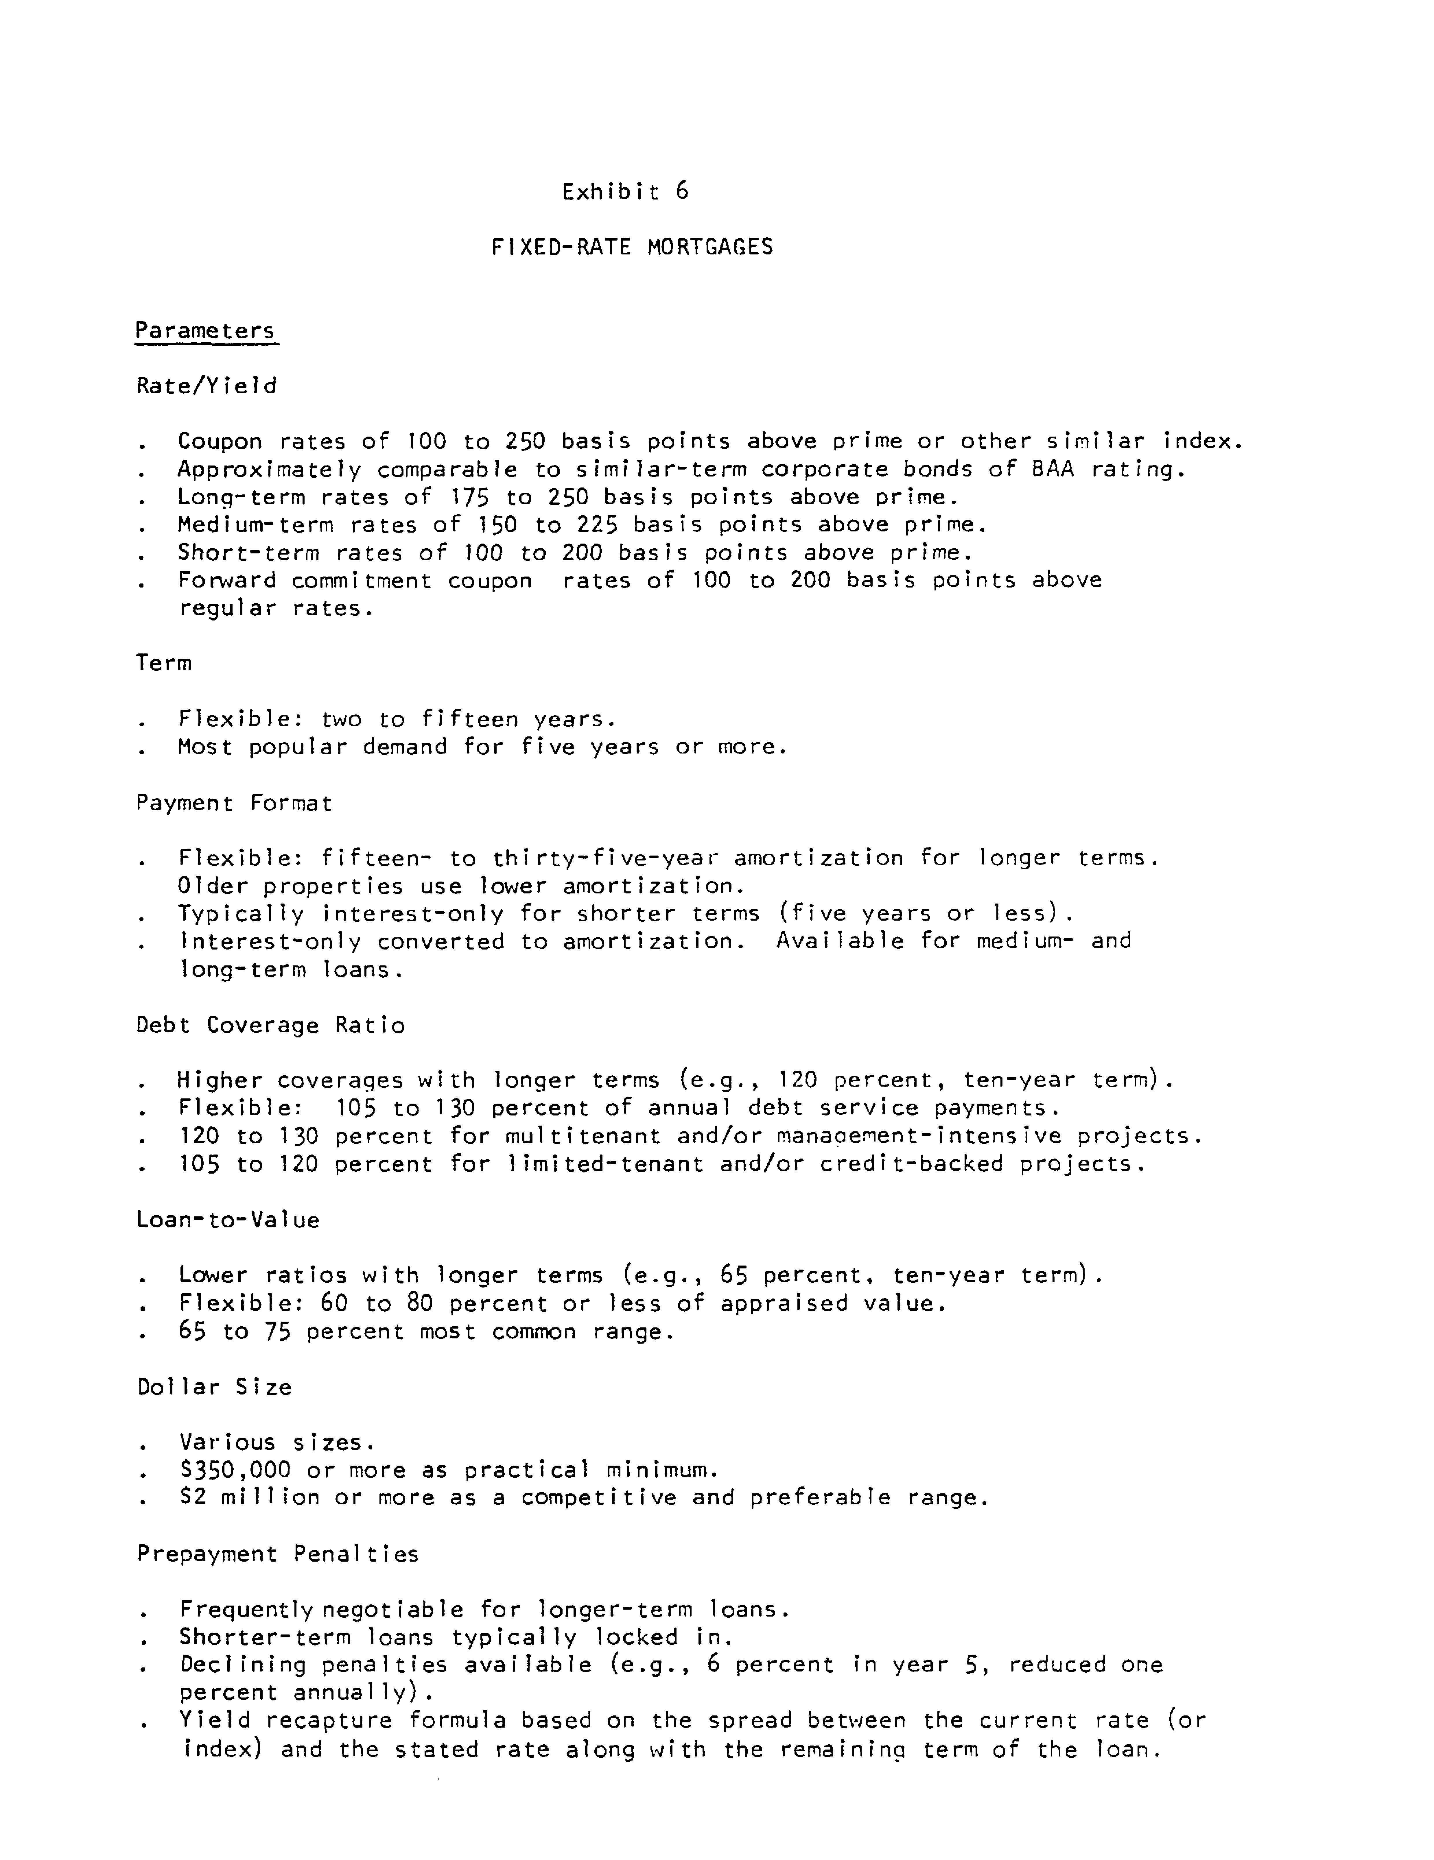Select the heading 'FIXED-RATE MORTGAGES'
point(632,247)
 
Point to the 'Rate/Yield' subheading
point(206,386)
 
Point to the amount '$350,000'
point(235,1470)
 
